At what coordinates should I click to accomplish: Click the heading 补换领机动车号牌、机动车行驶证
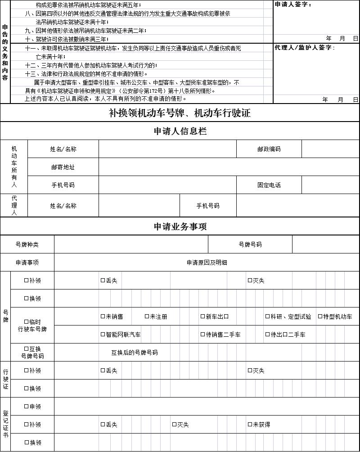pyautogui.click(x=180, y=113)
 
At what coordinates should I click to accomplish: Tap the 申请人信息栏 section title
pyautogui.click(x=180, y=131)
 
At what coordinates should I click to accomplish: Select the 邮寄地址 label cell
pyautogui.click(x=63, y=167)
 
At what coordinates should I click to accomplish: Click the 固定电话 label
pyautogui.click(x=269, y=185)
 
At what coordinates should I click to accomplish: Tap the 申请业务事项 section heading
pyautogui.click(x=180, y=226)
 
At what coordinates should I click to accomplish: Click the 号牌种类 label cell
pyautogui.click(x=27, y=244)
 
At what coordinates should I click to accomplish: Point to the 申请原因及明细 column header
pyautogui.click(x=207, y=262)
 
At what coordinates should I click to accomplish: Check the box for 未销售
pyautogui.click(x=103, y=316)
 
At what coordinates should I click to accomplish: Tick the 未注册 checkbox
pyautogui.click(x=147, y=316)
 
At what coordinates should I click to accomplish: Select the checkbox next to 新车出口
pyautogui.click(x=202, y=316)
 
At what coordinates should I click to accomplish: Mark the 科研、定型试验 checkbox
pyautogui.click(x=267, y=316)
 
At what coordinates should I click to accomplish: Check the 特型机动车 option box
pyautogui.click(x=320, y=316)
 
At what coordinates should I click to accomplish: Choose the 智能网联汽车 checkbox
pyautogui.click(x=103, y=334)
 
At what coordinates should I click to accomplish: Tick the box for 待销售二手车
pyautogui.click(x=202, y=334)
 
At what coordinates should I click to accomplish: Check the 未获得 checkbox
pyautogui.click(x=250, y=425)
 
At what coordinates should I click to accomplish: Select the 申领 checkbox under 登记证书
pyautogui.click(x=27, y=407)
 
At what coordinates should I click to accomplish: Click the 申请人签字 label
pyautogui.click(x=293, y=5)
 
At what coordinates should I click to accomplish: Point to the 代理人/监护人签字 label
pyautogui.click(x=305, y=48)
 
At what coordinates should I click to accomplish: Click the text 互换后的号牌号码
pyautogui.click(x=135, y=353)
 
